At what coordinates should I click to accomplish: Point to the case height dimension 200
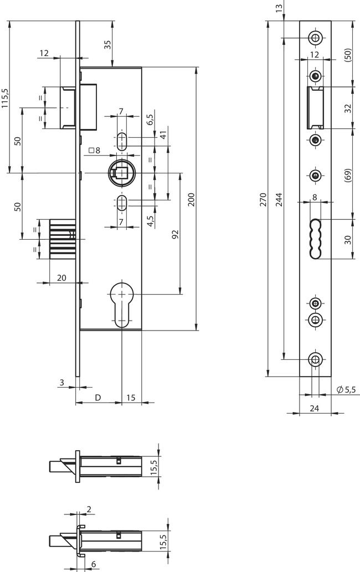192,200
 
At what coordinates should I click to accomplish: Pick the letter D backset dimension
98,397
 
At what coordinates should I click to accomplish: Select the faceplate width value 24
315,408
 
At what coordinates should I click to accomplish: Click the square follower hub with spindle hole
120,173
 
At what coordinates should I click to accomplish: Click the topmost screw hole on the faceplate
315,38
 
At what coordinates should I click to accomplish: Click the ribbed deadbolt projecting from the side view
62,239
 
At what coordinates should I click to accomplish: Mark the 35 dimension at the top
107,45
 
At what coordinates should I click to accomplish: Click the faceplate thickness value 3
63,382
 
